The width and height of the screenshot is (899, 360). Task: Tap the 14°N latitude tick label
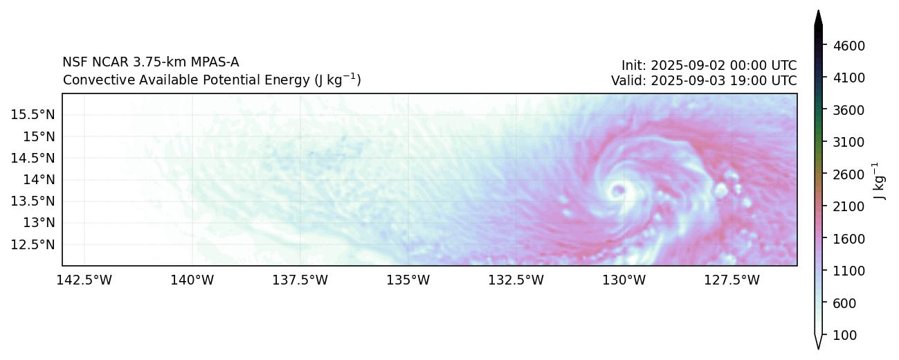(39, 179)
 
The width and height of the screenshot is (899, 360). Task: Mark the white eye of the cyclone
(618, 189)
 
